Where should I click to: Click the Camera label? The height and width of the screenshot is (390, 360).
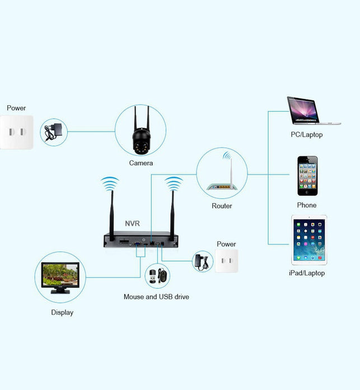click(141, 163)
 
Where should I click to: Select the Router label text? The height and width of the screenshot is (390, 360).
click(222, 206)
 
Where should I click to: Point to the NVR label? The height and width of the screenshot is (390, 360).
click(133, 224)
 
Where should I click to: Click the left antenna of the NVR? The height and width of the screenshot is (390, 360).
click(112, 215)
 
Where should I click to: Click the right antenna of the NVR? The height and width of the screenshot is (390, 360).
click(172, 215)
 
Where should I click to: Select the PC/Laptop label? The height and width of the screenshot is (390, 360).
click(307, 134)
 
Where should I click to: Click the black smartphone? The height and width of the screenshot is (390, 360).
click(307, 175)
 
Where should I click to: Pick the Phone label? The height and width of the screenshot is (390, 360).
click(307, 205)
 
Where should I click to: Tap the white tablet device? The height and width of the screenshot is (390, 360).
click(309, 240)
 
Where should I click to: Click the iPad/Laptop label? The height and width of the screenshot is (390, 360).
click(307, 273)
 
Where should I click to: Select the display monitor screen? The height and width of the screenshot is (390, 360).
click(60, 275)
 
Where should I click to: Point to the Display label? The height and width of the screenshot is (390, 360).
click(62, 313)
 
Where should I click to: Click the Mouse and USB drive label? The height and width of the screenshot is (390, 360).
click(156, 296)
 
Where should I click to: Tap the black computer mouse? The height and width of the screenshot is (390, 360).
click(162, 275)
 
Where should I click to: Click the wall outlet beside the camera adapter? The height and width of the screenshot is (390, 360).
click(16, 132)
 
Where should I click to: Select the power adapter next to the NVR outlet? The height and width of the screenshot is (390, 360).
click(202, 262)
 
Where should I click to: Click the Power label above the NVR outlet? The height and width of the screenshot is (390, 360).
click(226, 244)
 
